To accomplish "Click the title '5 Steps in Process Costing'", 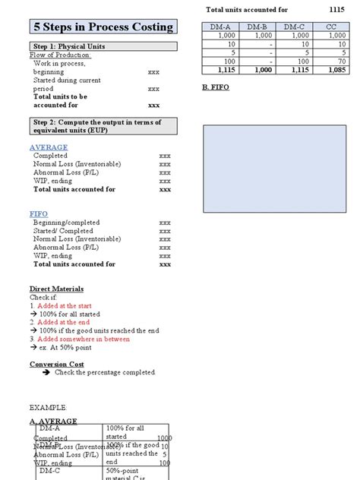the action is (x=103, y=27).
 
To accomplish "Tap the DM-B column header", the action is (x=260, y=27).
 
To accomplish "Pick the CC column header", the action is (x=330, y=27).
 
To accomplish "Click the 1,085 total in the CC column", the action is (x=332, y=70).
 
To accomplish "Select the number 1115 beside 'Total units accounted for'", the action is (x=336, y=9).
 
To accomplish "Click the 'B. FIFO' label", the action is (x=216, y=87).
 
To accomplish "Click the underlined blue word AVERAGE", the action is (x=49, y=147).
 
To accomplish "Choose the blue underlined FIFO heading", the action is (x=38, y=214).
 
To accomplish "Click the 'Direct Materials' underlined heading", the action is (x=56, y=289).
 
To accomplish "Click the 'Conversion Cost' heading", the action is (x=55, y=364).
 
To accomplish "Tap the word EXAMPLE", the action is (x=49, y=407).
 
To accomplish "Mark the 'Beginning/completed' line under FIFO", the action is (x=64, y=223).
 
